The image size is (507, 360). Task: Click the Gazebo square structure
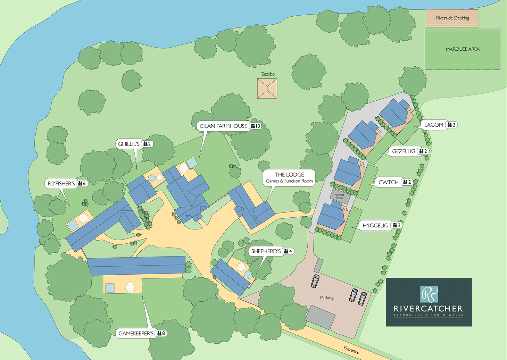point(267,89)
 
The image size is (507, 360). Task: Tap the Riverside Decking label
point(452,18)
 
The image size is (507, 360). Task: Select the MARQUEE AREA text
point(463,49)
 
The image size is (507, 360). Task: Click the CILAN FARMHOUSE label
point(223,126)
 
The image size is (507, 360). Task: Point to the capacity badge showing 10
point(256,126)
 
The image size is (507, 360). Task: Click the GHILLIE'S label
point(129,144)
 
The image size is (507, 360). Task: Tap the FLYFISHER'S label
point(61,184)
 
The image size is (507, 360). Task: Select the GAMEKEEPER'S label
point(136,334)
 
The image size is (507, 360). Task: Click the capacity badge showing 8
point(161,333)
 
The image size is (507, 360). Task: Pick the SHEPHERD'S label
point(266,251)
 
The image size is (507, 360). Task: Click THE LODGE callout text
point(289,177)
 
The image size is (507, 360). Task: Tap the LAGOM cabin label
point(434,125)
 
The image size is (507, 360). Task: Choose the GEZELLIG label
point(404,151)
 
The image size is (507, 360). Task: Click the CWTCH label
point(388,182)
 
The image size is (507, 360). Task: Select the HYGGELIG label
point(375,226)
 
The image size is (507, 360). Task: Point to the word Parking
point(327,298)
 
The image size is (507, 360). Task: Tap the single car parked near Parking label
point(315,281)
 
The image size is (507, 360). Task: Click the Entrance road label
point(351,350)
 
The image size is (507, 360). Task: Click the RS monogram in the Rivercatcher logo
point(429,294)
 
